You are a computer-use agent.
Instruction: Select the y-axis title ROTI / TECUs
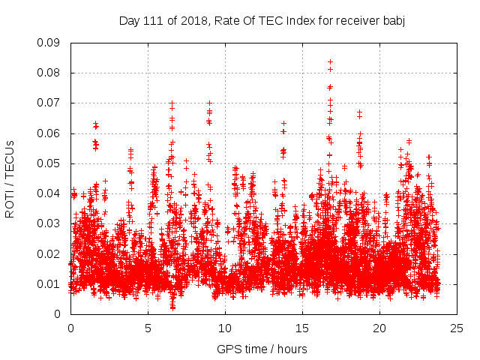click(x=10, y=178)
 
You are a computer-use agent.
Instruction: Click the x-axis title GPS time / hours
click(x=262, y=349)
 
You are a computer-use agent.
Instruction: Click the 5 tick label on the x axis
click(x=148, y=328)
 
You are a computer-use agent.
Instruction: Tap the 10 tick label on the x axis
click(x=225, y=328)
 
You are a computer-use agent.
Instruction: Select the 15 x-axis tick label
click(x=302, y=328)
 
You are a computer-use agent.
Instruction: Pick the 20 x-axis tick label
click(x=379, y=328)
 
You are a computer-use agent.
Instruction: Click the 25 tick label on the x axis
click(x=457, y=328)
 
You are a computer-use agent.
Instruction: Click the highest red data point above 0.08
click(x=330, y=62)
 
